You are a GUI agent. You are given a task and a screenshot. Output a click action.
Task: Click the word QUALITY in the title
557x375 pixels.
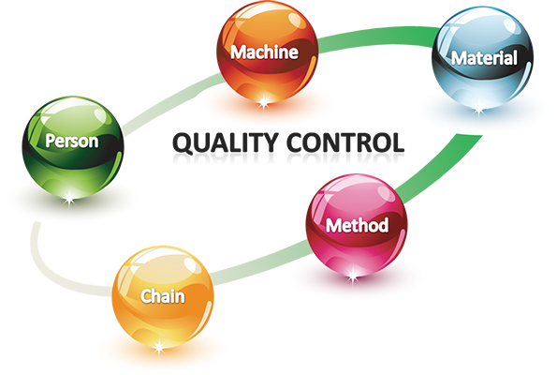tap(225, 143)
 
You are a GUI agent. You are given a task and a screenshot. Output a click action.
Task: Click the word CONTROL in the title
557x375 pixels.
tap(345, 142)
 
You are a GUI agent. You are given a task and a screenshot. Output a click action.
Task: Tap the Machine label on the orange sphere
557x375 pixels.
tap(264, 52)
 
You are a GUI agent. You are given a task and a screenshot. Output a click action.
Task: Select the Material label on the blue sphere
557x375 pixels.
tap(484, 58)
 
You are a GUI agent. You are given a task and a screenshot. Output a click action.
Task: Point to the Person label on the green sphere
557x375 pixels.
tap(72, 142)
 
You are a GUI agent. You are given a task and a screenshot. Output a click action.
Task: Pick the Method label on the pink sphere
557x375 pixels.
tap(357, 225)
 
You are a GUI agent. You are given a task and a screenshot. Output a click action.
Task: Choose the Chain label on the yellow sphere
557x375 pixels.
tap(163, 296)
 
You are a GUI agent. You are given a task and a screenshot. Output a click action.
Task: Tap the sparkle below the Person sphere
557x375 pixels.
tap(69, 197)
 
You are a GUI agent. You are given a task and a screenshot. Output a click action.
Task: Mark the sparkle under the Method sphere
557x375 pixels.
tap(353, 275)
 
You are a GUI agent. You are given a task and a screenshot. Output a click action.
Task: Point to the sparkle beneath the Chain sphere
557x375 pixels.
tap(159, 346)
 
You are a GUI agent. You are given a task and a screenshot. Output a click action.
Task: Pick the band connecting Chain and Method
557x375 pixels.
tap(261, 262)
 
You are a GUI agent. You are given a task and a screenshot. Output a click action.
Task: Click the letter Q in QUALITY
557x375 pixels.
tap(183, 143)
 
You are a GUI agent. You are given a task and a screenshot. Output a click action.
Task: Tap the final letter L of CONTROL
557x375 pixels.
tap(397, 142)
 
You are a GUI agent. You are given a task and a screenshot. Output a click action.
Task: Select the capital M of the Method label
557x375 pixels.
tap(333, 225)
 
